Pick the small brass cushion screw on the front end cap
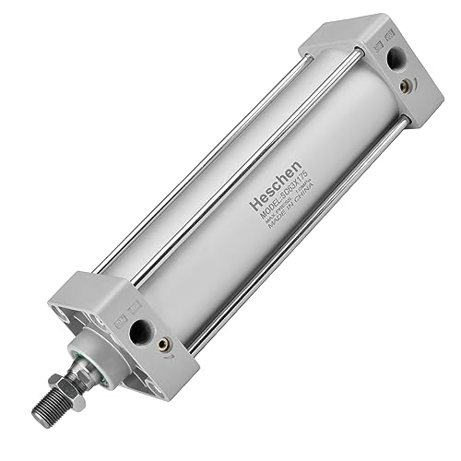[164, 345]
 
